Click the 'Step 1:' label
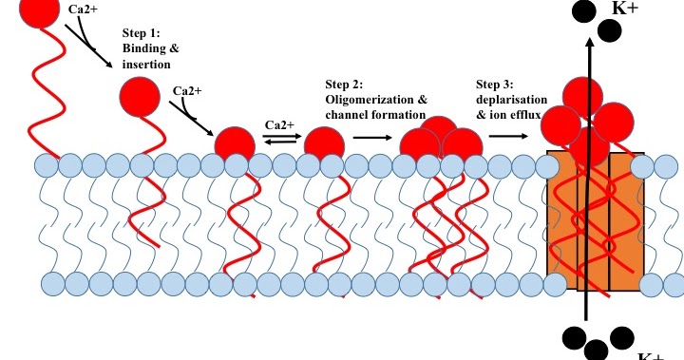tap(142, 32)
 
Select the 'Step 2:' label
tap(345, 83)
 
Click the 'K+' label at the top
tap(625, 8)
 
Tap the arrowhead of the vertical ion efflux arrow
tap(590, 43)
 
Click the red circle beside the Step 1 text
tap(140, 98)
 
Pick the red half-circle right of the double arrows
tap(323, 143)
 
